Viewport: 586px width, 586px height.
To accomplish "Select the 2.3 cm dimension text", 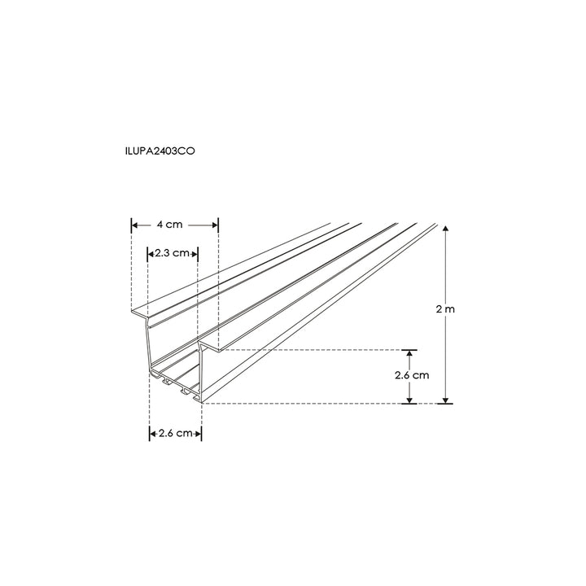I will [x=172, y=253].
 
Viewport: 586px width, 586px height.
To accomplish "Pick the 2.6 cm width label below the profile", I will [x=175, y=433].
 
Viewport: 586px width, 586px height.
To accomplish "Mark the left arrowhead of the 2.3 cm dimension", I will [x=151, y=253].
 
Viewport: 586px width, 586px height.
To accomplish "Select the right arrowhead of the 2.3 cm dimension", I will [x=196, y=253].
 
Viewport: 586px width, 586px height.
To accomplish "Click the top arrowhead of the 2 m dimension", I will [x=445, y=232].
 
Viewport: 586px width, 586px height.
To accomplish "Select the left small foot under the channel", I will [x=167, y=380].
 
